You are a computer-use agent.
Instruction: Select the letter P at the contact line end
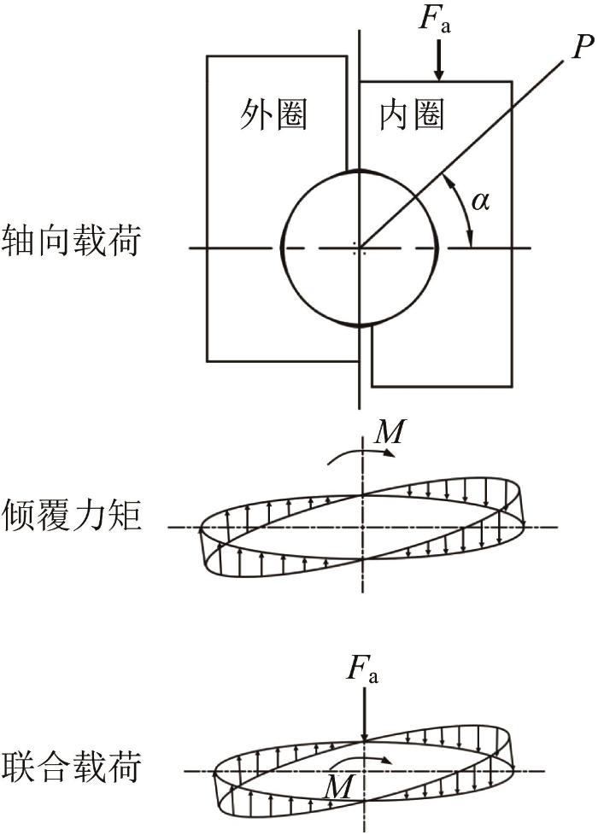583,46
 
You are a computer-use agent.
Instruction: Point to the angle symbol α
481,203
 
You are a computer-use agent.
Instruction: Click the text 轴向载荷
72,239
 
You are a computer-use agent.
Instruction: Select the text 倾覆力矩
72,515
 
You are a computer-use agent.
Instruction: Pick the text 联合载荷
72,767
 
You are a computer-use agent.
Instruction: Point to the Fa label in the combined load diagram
363,672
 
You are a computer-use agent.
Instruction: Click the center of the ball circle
360,248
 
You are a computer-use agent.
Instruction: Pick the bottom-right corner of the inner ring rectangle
513,387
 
